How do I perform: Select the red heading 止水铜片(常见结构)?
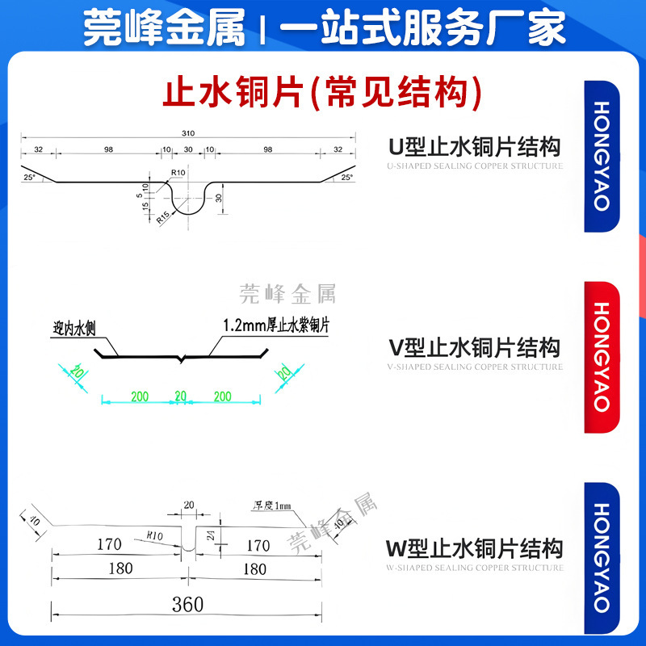point(323,91)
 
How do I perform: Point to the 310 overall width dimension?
point(190,132)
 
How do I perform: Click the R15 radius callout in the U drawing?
point(163,216)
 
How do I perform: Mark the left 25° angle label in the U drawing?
point(30,177)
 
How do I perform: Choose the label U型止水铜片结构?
point(475,147)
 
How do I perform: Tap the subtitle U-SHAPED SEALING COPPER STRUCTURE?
point(475,166)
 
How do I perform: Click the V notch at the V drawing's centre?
point(185,359)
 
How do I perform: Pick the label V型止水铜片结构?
point(475,348)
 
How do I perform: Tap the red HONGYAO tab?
point(602,357)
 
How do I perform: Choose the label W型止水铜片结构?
point(475,550)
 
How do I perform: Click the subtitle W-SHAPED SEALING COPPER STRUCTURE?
point(475,568)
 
